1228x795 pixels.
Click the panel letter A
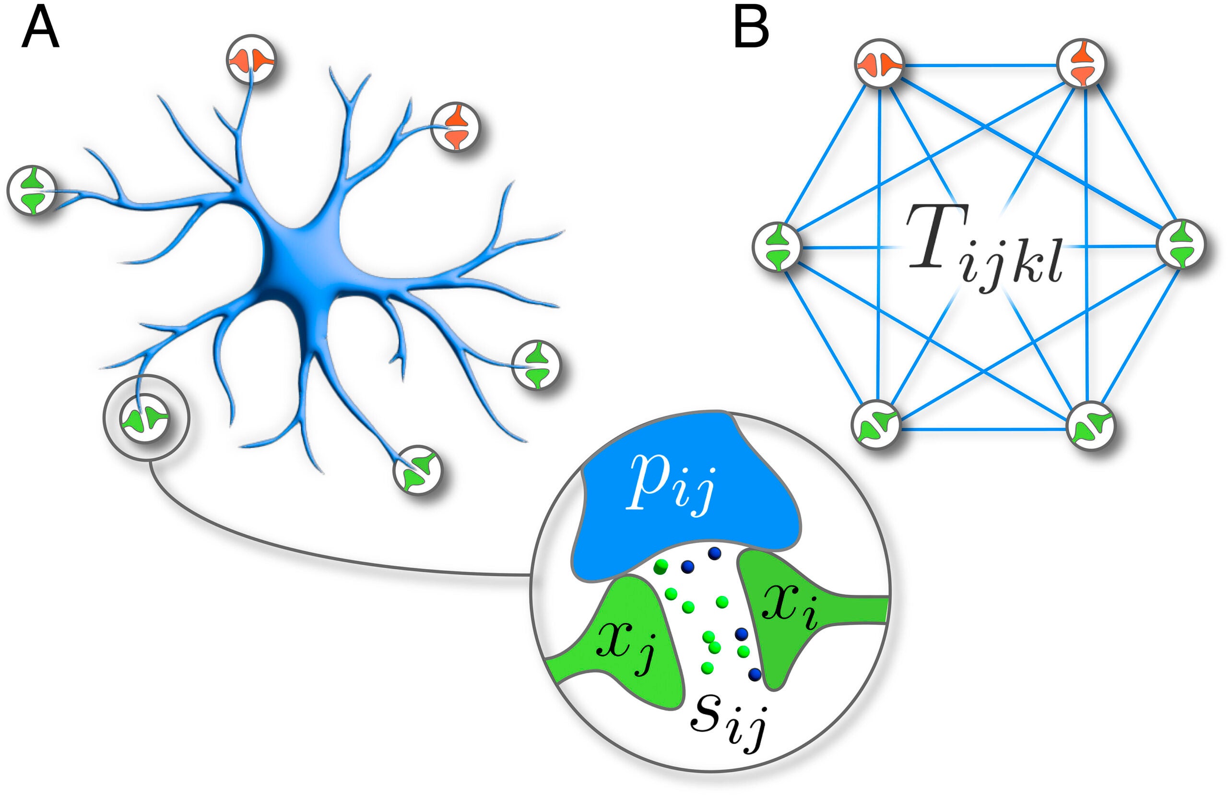[x=40, y=29]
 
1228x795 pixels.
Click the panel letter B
[x=751, y=29]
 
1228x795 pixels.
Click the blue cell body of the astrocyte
[x=305, y=258]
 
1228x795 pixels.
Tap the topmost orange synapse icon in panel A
[x=251, y=60]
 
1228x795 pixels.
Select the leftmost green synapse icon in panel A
[x=32, y=190]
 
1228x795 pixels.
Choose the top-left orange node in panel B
[x=879, y=64]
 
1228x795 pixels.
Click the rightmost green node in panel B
[x=1181, y=244]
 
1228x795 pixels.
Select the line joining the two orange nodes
[x=980, y=66]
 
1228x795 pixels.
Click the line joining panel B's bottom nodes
[x=983, y=429]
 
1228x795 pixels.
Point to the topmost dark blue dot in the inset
[x=714, y=553]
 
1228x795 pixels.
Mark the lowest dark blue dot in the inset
[x=755, y=674]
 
